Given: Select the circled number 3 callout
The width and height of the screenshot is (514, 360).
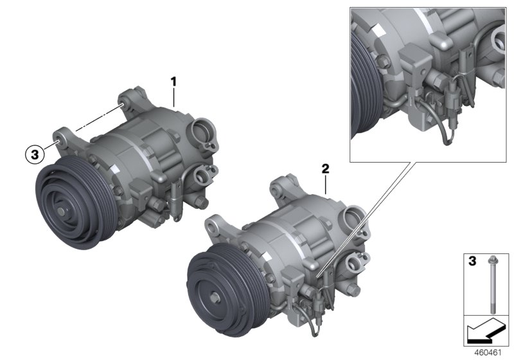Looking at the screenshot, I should point(33,154).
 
